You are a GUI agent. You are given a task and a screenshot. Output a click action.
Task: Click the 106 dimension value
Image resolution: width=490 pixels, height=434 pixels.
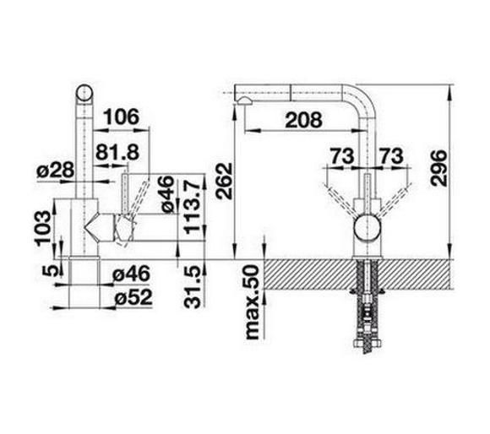coord(121,117)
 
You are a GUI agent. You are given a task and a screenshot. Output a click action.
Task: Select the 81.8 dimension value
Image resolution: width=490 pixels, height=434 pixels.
coord(117,153)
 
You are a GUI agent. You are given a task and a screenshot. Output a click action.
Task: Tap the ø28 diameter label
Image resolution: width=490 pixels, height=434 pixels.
coord(56,171)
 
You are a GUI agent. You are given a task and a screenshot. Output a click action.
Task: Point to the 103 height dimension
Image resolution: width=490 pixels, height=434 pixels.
coord(43,229)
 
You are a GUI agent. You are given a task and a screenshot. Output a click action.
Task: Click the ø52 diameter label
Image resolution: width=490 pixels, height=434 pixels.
coord(133,297)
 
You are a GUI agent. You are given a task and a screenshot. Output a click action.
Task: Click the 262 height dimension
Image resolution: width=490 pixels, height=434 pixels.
coord(224,181)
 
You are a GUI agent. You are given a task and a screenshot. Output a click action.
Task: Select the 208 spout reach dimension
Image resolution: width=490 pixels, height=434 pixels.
coord(303,120)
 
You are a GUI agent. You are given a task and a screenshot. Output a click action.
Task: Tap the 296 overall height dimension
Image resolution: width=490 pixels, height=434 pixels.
coord(438,168)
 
